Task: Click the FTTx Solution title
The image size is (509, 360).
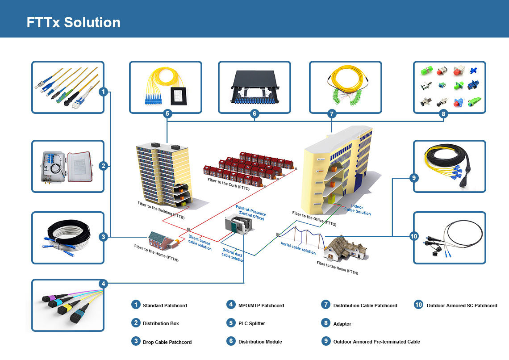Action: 73,22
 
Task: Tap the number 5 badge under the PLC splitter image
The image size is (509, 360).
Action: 167,114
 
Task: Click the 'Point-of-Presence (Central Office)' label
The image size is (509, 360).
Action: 250,213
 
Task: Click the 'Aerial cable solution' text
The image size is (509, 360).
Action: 298,248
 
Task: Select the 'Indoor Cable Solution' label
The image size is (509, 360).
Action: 357,210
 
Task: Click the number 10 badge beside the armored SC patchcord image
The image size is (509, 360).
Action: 414,236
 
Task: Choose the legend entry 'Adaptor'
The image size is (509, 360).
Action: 342,324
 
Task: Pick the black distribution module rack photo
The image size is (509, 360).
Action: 254,87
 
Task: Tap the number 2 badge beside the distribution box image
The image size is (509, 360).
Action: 103,166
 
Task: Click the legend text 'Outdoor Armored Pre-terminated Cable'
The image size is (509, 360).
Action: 376,342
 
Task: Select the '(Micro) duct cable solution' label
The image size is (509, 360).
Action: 233,255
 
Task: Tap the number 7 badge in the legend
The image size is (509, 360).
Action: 325,305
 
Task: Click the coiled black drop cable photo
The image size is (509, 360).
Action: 67,238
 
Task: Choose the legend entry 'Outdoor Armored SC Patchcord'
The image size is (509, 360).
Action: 462,306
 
